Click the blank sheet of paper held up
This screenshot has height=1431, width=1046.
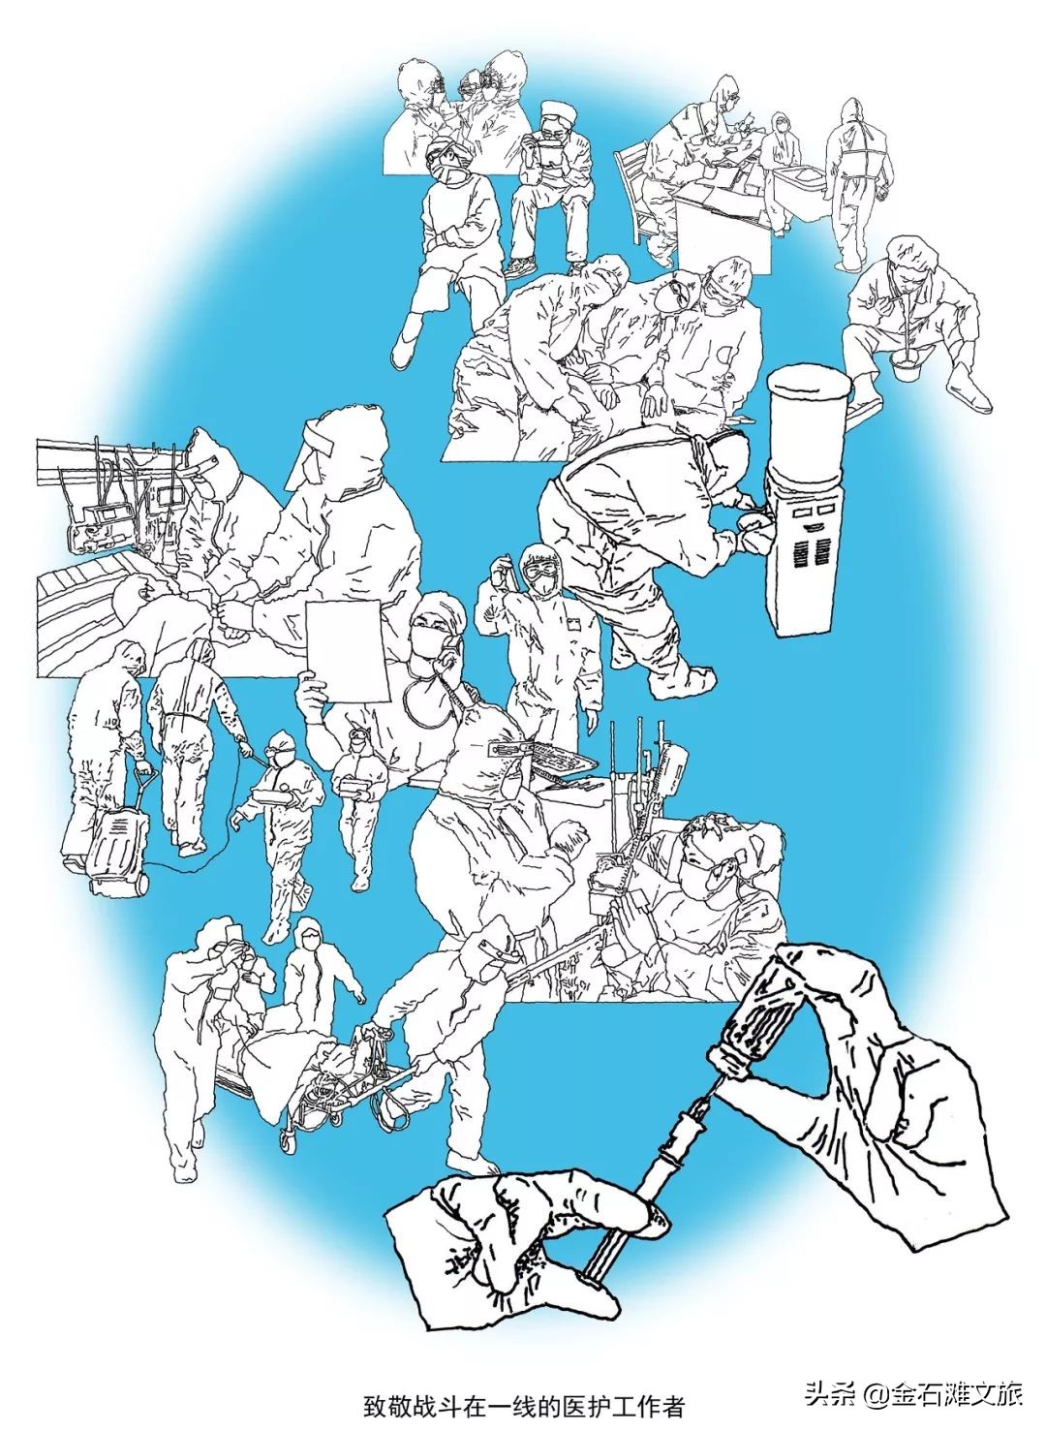pyautogui.click(x=348, y=651)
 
